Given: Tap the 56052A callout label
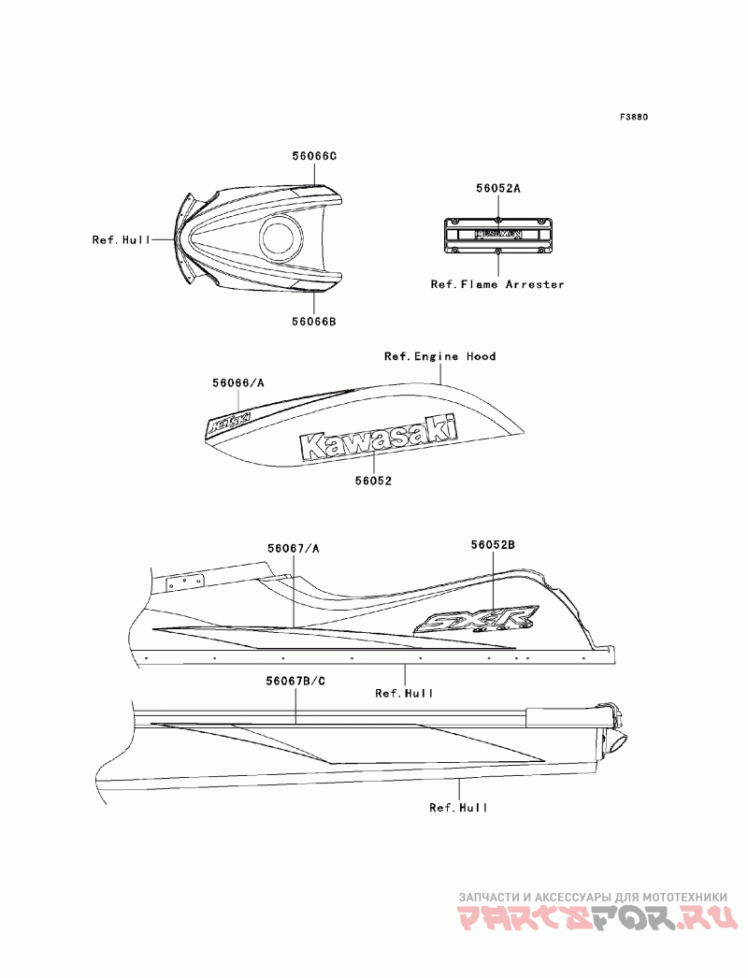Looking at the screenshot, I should (497, 188).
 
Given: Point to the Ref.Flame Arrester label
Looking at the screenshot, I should (497, 284).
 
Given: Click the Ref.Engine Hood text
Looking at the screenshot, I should (440, 356).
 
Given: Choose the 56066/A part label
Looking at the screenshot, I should (237, 382).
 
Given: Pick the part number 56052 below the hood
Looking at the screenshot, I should (373, 481).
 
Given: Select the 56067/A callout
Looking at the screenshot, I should (294, 548).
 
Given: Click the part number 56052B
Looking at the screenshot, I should (493, 543).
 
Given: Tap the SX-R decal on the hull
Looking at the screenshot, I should (478, 621).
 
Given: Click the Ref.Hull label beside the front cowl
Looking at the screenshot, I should (122, 240).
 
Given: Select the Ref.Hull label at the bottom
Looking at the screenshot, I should (458, 807).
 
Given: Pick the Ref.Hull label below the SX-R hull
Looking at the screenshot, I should (404, 693).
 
